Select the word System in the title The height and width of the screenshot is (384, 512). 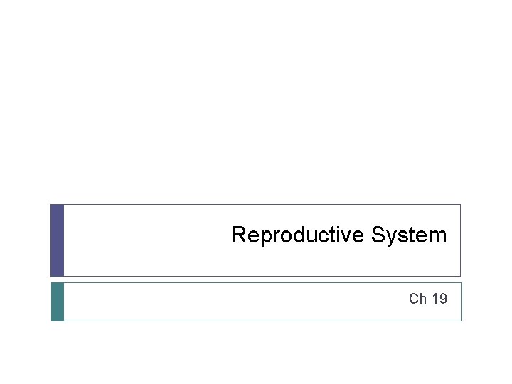point(409,235)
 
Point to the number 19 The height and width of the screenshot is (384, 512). point(439,299)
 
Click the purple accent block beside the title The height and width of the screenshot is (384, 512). point(58,240)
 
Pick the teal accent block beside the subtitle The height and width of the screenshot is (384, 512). point(58,302)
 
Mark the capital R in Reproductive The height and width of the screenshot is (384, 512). point(239,235)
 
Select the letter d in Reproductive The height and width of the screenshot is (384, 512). point(294,235)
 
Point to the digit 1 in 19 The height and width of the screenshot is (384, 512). point(434,299)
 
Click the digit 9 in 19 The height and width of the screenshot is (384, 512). point(443,299)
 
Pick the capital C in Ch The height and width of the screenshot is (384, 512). point(414,299)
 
